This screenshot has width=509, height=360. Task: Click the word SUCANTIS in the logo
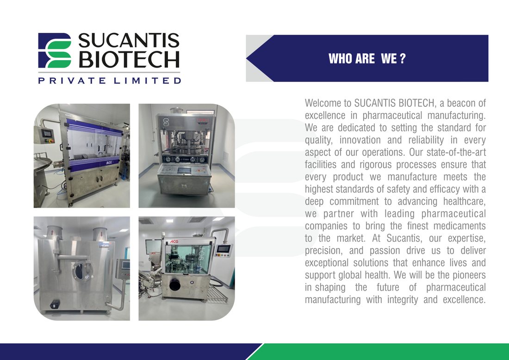tap(129, 40)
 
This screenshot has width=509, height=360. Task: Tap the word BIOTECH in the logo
tap(129, 59)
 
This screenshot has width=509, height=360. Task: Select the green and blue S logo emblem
tap(55, 50)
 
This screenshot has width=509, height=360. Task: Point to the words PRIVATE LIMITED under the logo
tap(109, 80)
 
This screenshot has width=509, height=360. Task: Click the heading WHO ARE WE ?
tap(367, 59)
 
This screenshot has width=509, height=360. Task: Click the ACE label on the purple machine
tap(109, 162)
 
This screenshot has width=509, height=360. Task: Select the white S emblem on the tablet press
tap(166, 122)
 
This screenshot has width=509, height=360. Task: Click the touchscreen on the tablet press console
tap(184, 169)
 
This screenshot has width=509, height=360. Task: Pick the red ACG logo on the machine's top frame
tap(174, 242)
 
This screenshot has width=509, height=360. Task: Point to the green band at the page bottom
tap(380, 352)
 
